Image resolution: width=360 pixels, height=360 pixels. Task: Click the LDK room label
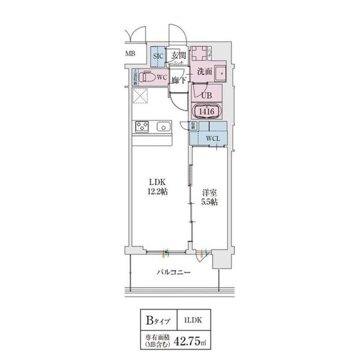coord(157,182)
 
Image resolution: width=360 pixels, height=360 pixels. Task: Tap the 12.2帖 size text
coord(157,191)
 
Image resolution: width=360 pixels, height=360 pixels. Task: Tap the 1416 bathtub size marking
coord(206,111)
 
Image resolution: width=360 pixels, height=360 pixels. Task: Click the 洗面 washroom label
coord(204,71)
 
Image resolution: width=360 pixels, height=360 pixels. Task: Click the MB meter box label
coord(130,53)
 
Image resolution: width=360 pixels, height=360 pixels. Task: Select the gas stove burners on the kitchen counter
coord(141,127)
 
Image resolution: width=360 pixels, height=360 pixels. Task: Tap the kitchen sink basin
coord(162,127)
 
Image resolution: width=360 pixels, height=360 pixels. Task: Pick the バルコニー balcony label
coord(172,272)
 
